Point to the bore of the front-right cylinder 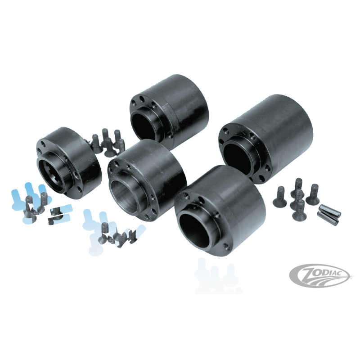(196, 226)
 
